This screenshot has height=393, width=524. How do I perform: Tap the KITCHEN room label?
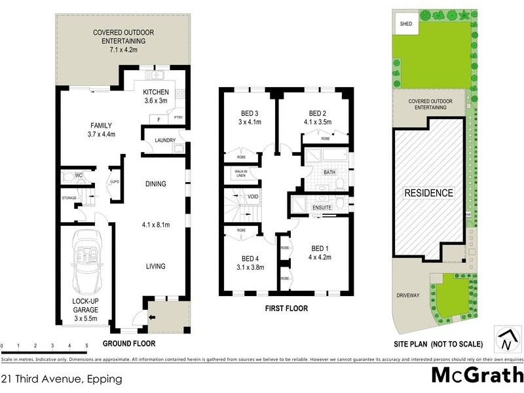point(157,92)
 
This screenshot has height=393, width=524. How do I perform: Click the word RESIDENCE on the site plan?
point(428,193)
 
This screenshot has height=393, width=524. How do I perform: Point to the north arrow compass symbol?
point(504,338)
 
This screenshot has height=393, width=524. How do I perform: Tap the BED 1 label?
point(319,248)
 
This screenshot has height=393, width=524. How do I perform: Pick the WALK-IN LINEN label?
point(236,172)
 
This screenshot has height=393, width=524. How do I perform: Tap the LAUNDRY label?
point(164,140)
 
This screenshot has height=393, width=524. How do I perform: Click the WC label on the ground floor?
point(78,176)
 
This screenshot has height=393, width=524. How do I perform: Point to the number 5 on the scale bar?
point(86,345)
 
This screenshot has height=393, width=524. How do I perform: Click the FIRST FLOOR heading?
point(286,308)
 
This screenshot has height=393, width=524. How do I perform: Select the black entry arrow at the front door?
point(153,318)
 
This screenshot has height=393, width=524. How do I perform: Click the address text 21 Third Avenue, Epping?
point(61,379)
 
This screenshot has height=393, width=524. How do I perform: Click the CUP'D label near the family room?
point(114,181)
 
